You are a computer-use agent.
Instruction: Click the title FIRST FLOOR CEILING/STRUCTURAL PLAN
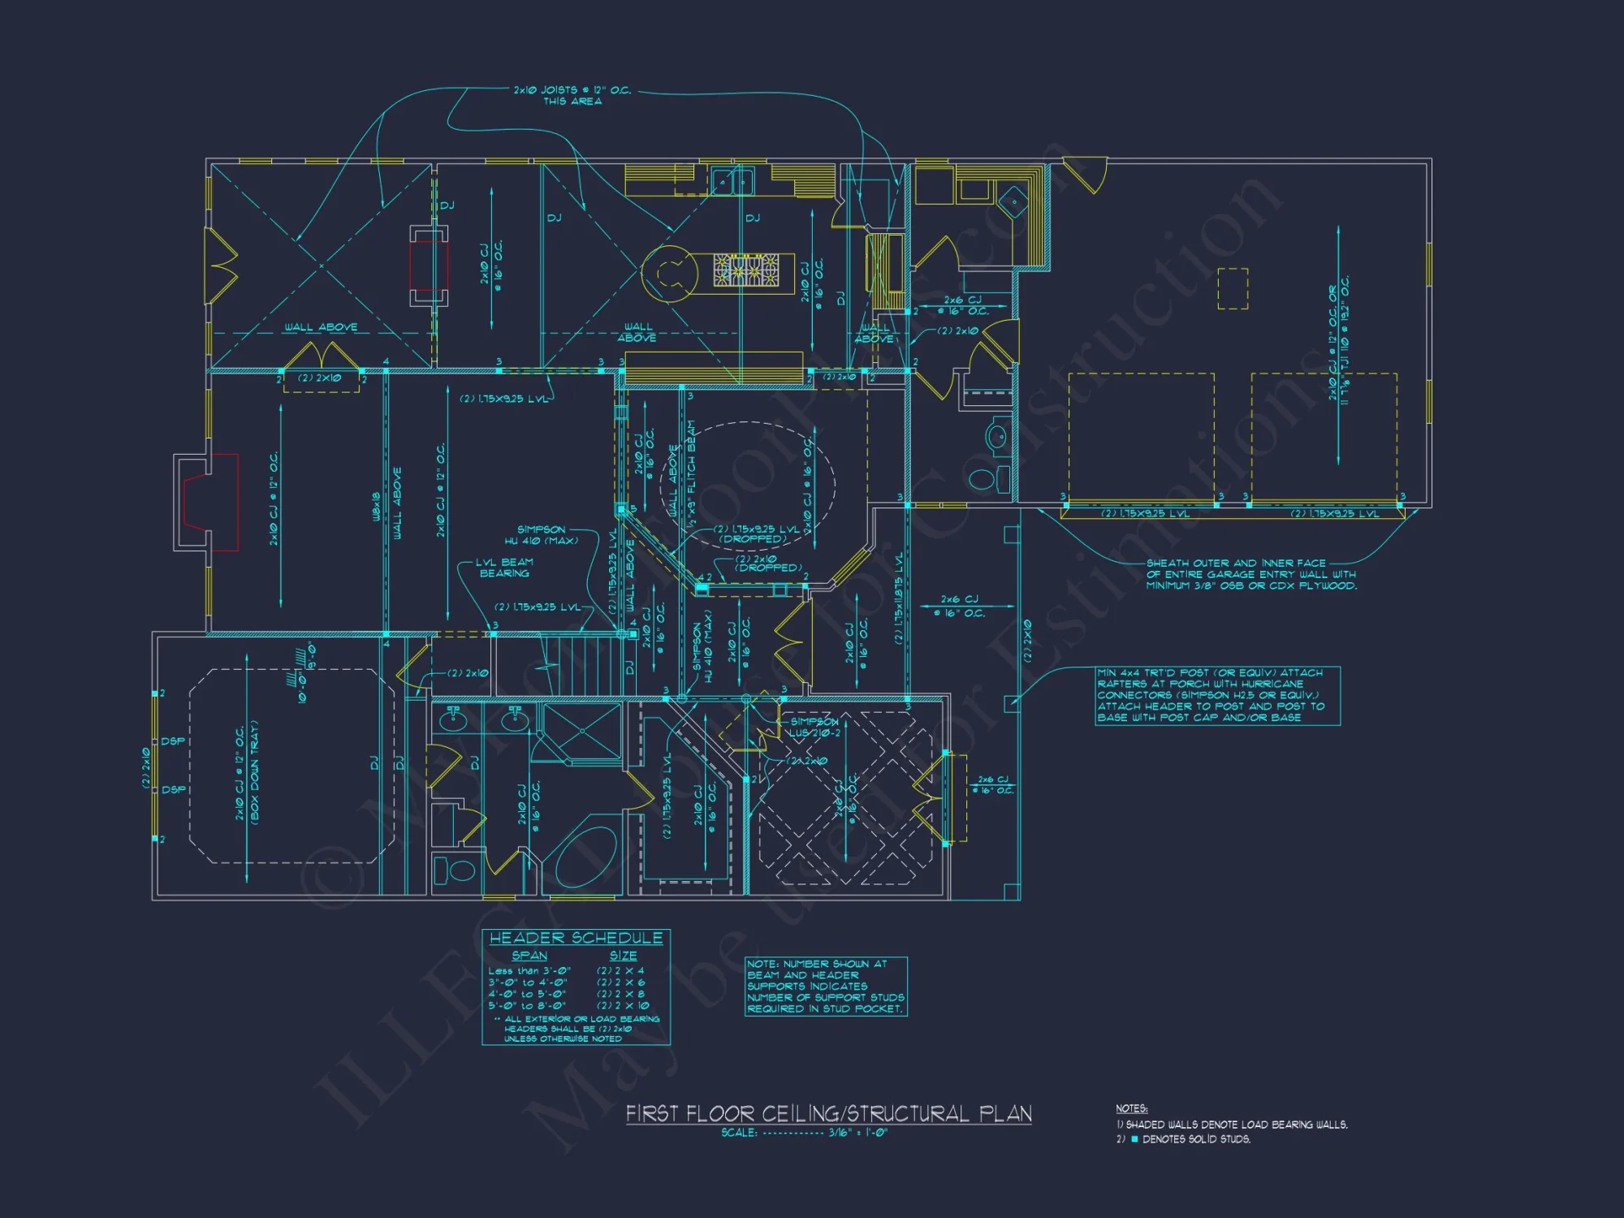pos(828,1113)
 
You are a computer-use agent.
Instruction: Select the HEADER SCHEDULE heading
pos(576,938)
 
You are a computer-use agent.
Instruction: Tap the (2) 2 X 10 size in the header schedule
pos(623,1005)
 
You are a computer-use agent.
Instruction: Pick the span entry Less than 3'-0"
pos(529,971)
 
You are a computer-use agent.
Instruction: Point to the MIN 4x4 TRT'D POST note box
pos(1216,696)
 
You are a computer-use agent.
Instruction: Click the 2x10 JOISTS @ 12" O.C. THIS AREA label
pos(572,96)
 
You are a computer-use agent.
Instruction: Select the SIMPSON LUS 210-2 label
pos(814,727)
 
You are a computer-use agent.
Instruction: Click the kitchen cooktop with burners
pos(746,270)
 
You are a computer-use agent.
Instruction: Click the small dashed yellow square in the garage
pos(1232,288)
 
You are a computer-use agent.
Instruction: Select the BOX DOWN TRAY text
pos(254,773)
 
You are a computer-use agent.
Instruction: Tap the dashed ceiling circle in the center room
pos(747,487)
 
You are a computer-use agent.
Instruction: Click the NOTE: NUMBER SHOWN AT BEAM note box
pos(826,986)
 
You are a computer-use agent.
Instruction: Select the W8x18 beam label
pos(376,506)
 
